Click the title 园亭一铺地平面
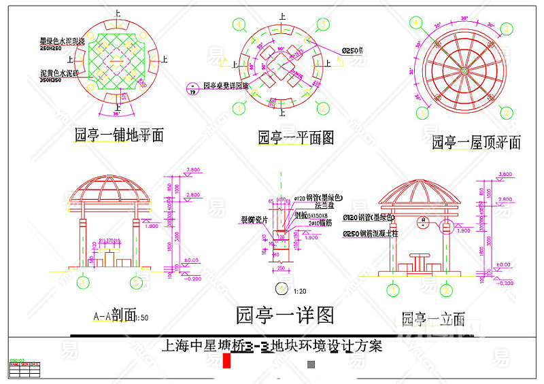[x=119, y=135]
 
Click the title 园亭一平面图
[x=296, y=138]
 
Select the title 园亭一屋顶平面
[x=476, y=143]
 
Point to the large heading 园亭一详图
[x=285, y=315]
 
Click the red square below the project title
[x=228, y=363]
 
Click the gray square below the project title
[x=311, y=364]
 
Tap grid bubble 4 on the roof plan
[x=417, y=22]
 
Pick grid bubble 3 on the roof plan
[x=507, y=28]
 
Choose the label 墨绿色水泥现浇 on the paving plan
[x=62, y=42]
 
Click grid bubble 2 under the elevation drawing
[x=446, y=290]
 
